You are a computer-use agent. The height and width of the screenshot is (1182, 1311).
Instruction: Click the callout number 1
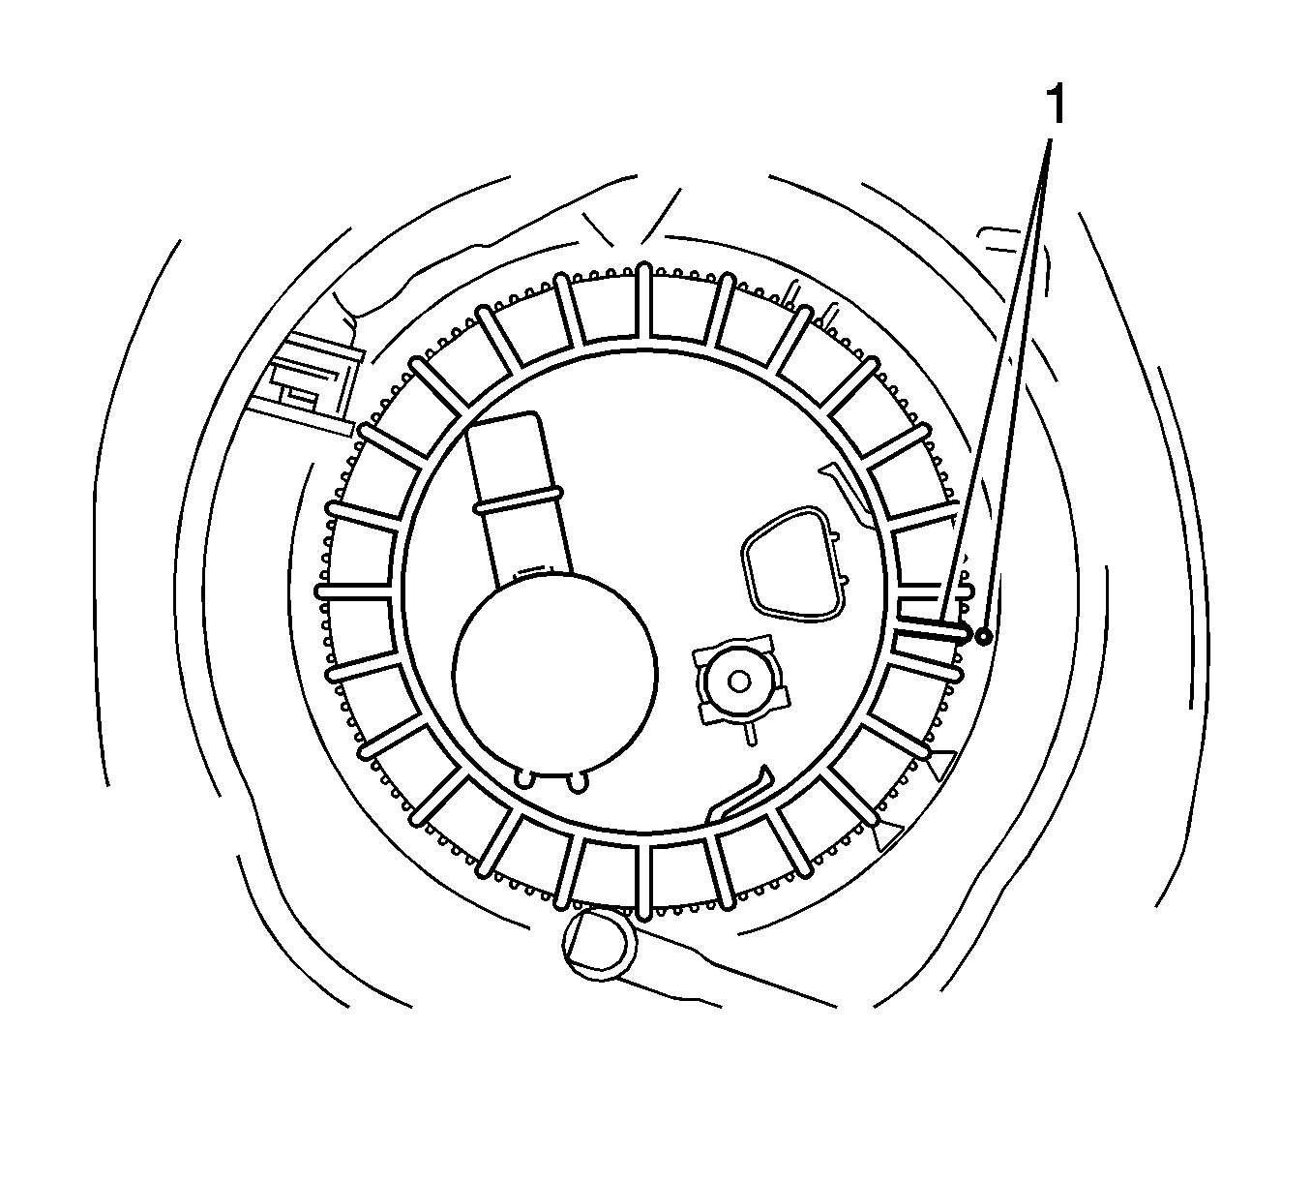click(x=1057, y=106)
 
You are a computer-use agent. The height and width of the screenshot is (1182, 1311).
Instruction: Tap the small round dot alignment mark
click(x=983, y=636)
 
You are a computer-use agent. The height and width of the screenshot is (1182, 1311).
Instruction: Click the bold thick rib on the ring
click(x=933, y=629)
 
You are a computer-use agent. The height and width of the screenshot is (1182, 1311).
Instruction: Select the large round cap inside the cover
click(x=554, y=675)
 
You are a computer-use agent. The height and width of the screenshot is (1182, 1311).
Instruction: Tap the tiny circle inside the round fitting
click(x=739, y=682)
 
